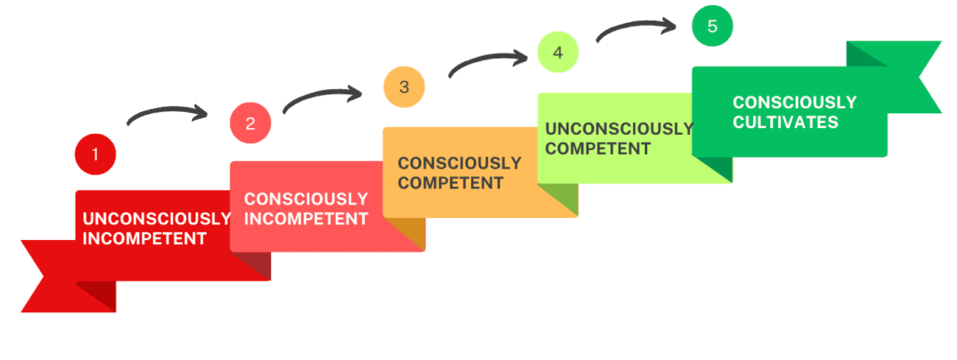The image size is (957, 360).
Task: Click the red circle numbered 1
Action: (95, 155)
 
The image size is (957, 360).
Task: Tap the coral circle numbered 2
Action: (250, 123)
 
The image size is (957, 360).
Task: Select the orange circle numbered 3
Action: (404, 87)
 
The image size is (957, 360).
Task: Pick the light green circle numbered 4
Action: (557, 53)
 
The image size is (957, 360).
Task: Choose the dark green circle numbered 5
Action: (712, 27)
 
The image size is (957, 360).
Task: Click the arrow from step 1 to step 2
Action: (167, 114)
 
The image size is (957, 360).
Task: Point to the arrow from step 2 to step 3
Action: (322, 96)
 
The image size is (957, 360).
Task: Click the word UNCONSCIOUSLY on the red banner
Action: (157, 219)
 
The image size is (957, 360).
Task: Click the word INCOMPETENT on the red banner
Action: (144, 239)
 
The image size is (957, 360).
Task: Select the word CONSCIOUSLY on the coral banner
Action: (306, 199)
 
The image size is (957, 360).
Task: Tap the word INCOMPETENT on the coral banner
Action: (306, 219)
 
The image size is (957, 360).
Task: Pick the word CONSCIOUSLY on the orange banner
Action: (459, 163)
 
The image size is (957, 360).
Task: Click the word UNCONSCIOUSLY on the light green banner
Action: (619, 129)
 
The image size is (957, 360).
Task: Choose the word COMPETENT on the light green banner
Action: (598, 149)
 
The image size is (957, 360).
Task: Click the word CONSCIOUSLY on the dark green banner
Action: (794, 102)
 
